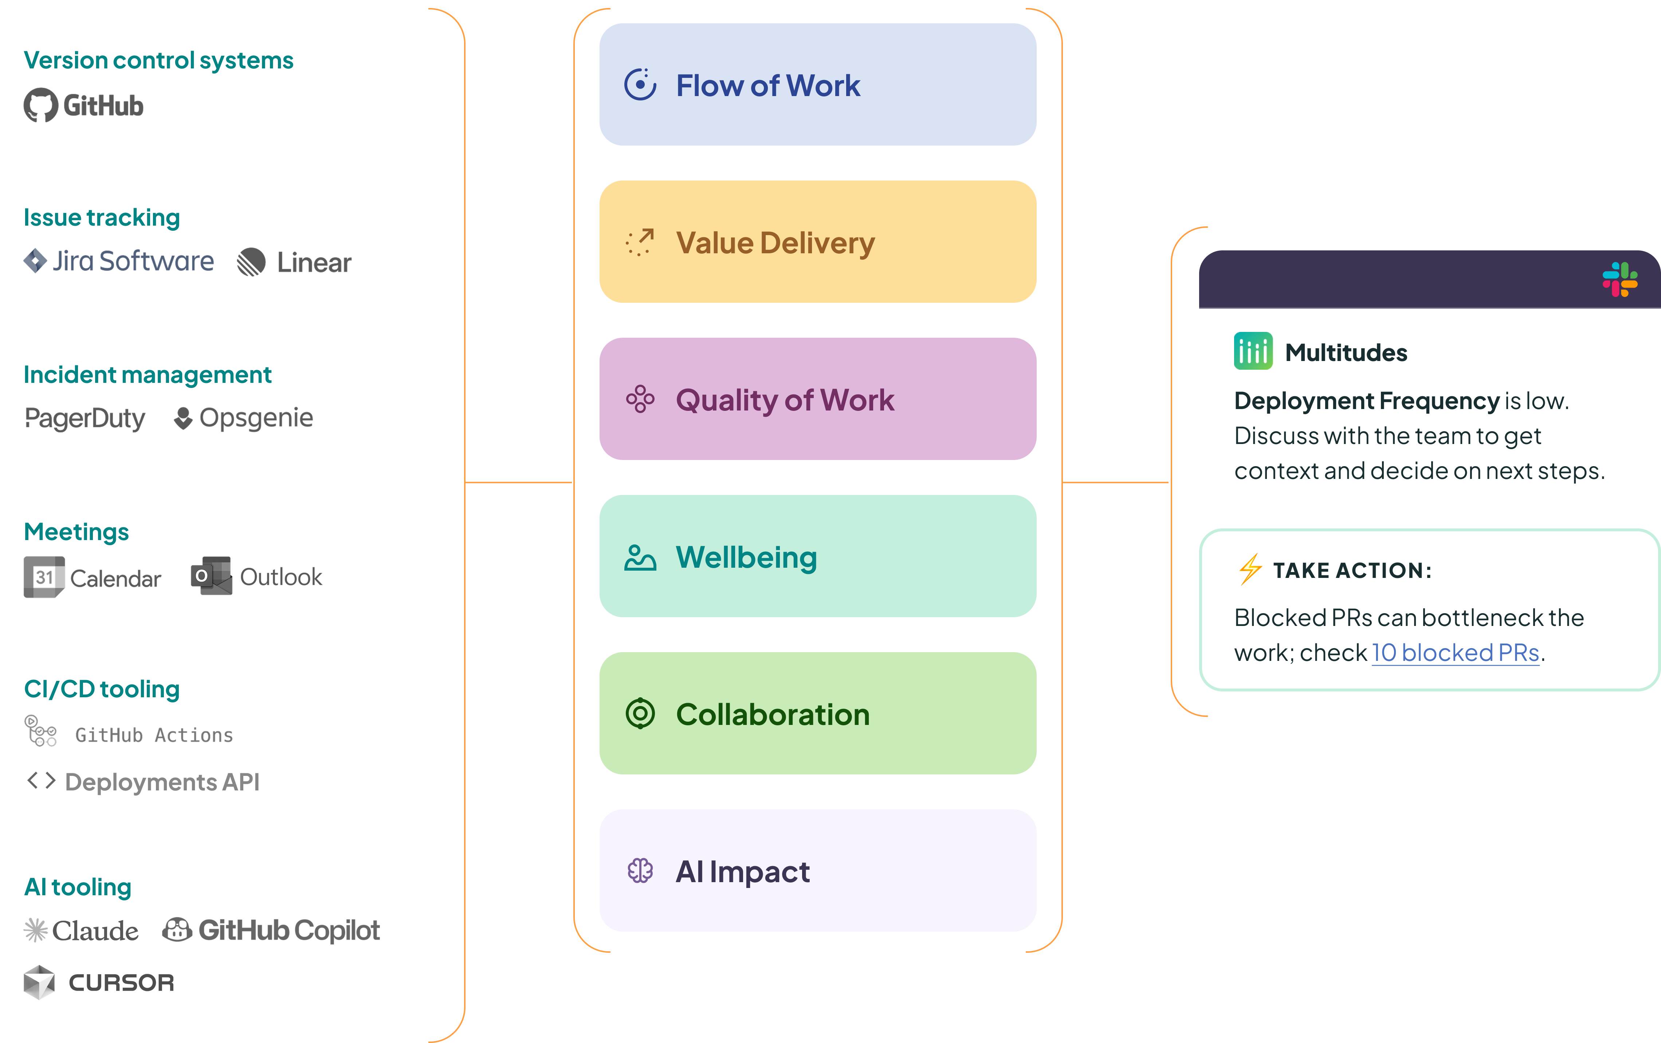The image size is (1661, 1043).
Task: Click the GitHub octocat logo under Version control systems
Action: (x=41, y=106)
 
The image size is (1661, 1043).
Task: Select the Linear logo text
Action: (x=314, y=263)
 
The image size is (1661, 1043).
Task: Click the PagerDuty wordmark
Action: (x=85, y=418)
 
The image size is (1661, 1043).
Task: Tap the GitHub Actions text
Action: (x=154, y=735)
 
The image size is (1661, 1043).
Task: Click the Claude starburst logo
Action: (x=35, y=931)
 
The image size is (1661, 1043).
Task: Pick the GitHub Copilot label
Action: (x=289, y=931)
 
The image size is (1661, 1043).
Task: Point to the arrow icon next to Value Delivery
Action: (x=640, y=243)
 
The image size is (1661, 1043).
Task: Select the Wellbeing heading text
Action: (x=746, y=557)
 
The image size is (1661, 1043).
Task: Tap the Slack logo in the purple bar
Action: (x=1619, y=279)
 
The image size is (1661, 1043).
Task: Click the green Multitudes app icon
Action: (x=1253, y=352)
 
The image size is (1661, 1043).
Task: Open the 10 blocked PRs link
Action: (x=1456, y=652)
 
